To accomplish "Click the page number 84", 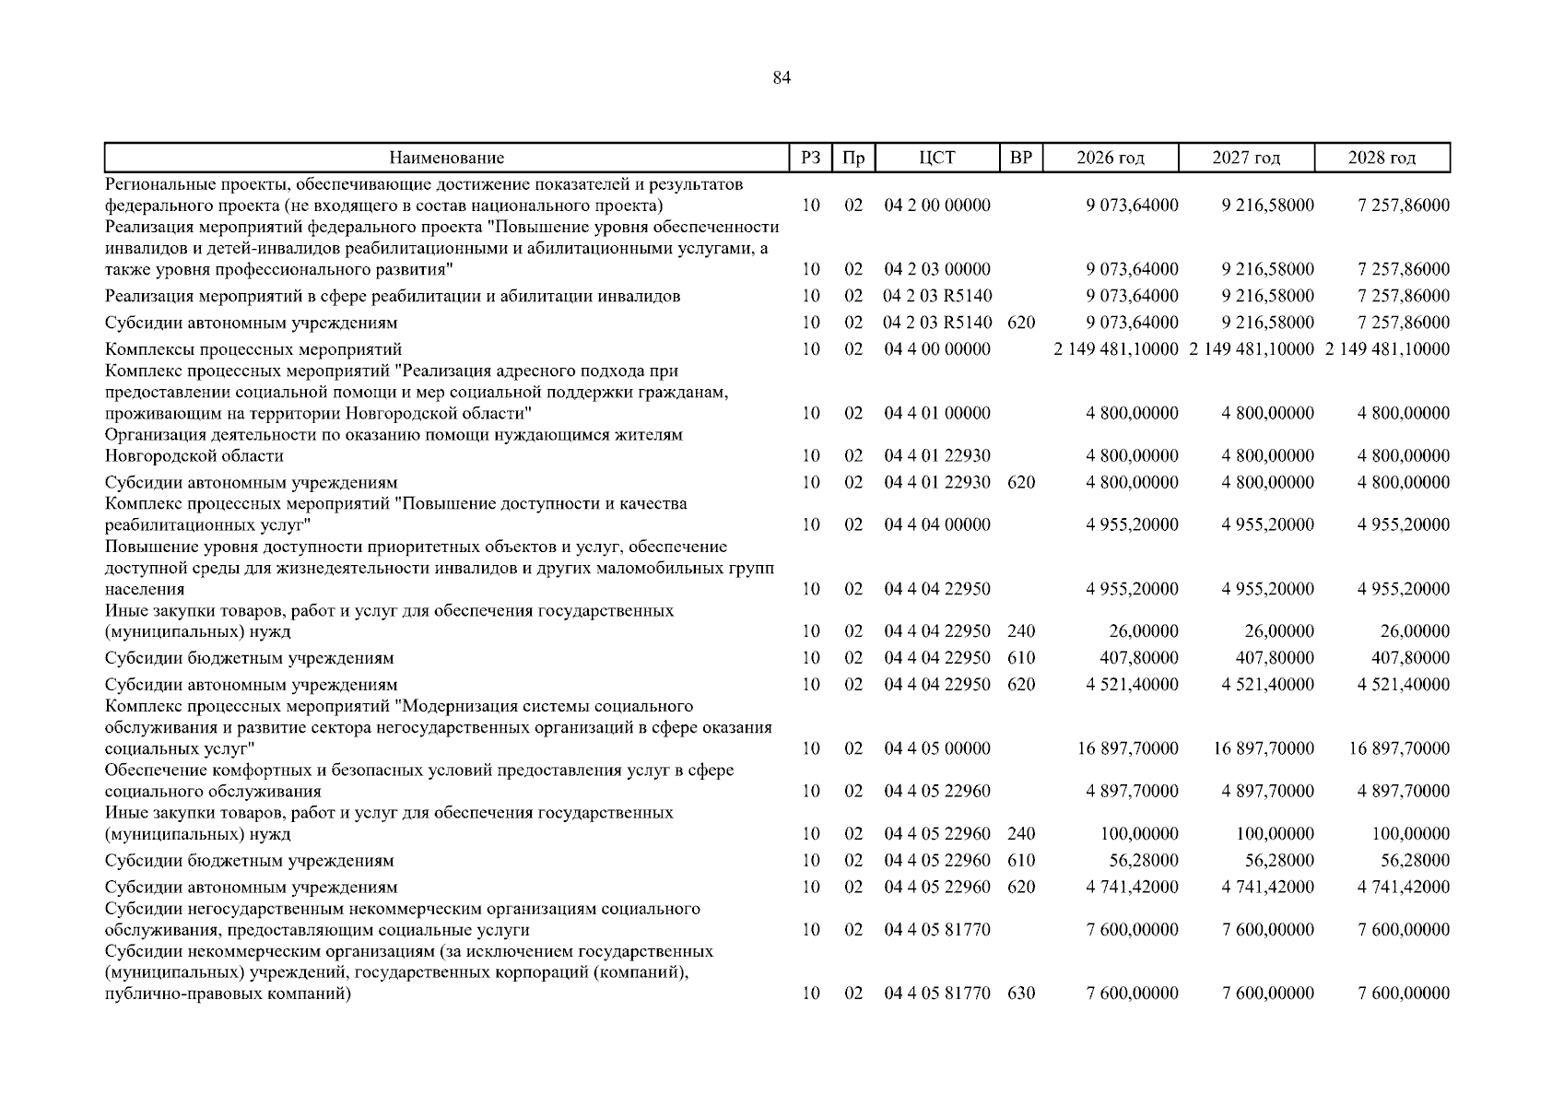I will point(782,78).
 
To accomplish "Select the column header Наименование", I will point(446,159).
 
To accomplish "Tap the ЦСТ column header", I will point(936,159).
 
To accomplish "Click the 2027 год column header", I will point(1246,159).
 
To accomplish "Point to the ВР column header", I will point(1021,159).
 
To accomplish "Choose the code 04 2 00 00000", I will point(937,206).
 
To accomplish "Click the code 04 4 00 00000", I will point(937,349).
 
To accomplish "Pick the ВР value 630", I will point(1021,994).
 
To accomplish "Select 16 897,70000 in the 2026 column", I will point(1128,748).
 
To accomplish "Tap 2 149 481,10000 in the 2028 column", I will point(1387,349).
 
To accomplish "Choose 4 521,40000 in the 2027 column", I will point(1268,685).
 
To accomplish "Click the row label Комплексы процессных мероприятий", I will point(253,350).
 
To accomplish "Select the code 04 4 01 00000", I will point(937,414).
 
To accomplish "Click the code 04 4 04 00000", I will point(937,525).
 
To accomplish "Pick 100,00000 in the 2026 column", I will point(1139,834).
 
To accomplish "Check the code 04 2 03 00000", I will point(937,270).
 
